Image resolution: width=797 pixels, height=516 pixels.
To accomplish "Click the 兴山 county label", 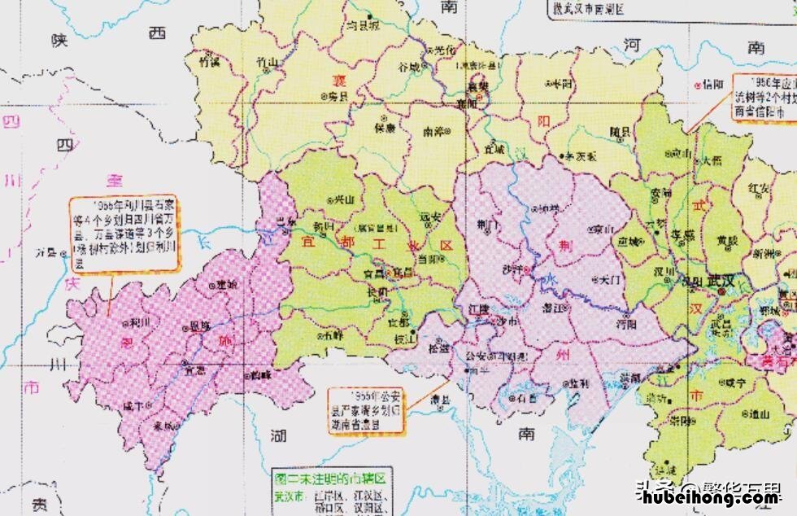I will point(344,199).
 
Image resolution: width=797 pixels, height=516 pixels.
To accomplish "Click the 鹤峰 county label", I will point(260,374).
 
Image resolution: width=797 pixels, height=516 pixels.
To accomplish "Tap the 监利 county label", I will point(578,383).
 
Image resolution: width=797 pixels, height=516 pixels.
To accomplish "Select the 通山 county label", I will point(760,413).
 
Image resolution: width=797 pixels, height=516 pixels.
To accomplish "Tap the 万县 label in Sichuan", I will point(47,253).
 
